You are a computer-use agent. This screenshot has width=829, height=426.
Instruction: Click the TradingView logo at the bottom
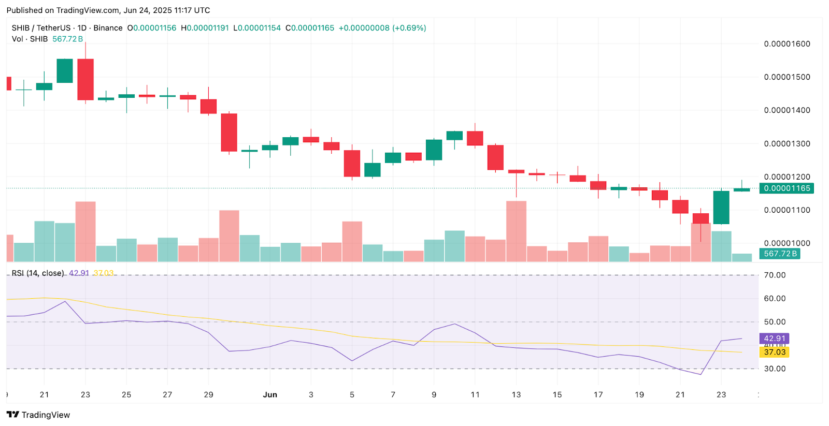[x=38, y=415]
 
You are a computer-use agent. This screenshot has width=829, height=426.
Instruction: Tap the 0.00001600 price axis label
[x=787, y=44]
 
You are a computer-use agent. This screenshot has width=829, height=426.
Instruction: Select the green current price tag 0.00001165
[x=787, y=188]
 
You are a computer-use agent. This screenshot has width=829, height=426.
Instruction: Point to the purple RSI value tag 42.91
[x=775, y=339]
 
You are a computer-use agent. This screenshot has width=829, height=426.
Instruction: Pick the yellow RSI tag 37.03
[x=775, y=352]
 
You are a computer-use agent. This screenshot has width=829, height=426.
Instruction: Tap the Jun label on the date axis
[x=270, y=394]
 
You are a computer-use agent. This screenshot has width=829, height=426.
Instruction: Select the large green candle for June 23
[x=721, y=207]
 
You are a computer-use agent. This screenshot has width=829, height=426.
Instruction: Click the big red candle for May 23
[x=85, y=79]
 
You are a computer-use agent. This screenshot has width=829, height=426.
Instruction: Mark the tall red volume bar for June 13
[x=516, y=231]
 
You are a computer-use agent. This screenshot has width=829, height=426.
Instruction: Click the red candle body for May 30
[x=229, y=133]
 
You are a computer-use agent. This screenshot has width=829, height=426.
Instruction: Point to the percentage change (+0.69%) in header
[x=409, y=28]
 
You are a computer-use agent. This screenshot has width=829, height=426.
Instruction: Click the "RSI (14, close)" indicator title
[x=38, y=273]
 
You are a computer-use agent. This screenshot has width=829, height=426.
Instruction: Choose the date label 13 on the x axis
[x=516, y=394]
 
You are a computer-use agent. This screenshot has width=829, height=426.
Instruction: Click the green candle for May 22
[x=65, y=71]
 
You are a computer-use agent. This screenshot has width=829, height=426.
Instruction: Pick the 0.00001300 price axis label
[x=787, y=144]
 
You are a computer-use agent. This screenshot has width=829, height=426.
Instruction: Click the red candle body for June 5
[x=352, y=163]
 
